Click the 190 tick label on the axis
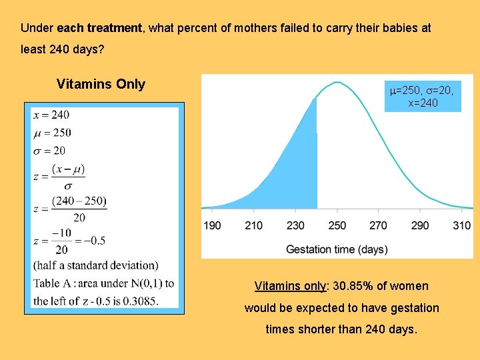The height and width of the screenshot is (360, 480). tap(212, 225)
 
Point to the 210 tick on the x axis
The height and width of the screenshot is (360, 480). tap(253, 225)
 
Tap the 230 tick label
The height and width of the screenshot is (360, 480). tap(295, 225)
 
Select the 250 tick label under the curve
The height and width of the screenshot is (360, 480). tap(337, 225)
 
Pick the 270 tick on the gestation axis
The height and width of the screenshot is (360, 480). tap(378, 225)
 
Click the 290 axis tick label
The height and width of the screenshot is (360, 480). tap(420, 225)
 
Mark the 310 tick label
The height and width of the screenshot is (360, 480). tap(461, 225)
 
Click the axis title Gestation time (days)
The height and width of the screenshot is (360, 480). tap(337, 249)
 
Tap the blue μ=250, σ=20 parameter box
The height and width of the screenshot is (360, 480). tap(422, 96)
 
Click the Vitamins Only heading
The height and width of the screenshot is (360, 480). tap(101, 84)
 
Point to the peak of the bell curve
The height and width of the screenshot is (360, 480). tap(338, 83)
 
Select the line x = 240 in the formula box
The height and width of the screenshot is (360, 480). tap(51, 115)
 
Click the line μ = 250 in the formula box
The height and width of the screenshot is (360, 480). tap(51, 133)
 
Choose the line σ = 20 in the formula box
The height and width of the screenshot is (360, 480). tap(49, 150)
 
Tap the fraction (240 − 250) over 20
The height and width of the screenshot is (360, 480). tap(79, 209)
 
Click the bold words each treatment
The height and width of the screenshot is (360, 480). tap(99, 29)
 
